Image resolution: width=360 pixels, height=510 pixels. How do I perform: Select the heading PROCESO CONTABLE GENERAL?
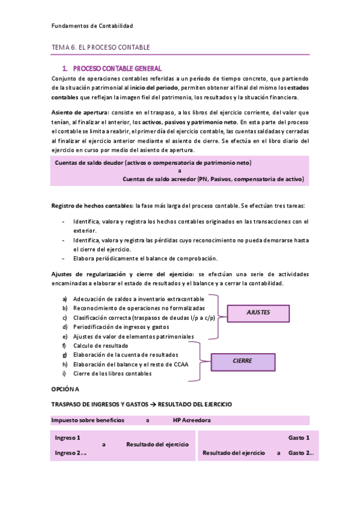(116, 69)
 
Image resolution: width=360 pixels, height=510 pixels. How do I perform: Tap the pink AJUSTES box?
(258, 313)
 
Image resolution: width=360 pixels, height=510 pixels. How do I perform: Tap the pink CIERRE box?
(242, 361)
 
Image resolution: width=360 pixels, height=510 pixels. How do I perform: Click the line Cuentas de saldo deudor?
(153, 163)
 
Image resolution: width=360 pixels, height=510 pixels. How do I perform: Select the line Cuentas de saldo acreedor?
(213, 179)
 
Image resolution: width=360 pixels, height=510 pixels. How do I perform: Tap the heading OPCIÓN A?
(69, 390)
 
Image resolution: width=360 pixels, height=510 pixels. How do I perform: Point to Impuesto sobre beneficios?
(88, 420)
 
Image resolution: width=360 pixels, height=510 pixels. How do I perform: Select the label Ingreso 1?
(68, 437)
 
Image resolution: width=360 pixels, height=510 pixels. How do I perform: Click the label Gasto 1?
(299, 437)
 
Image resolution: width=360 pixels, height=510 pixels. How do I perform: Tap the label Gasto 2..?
(301, 452)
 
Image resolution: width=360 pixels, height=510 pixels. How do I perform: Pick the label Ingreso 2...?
(70, 452)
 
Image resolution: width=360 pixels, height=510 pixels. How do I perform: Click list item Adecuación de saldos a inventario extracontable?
(138, 299)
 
